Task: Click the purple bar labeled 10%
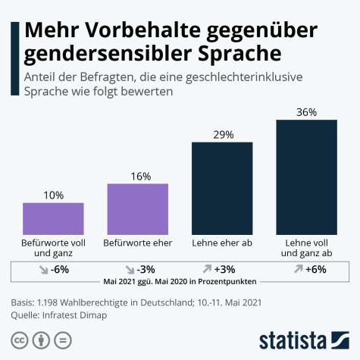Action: [x=53, y=218]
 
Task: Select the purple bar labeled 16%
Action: [x=137, y=209]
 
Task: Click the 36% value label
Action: [x=306, y=112]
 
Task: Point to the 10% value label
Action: [x=53, y=196]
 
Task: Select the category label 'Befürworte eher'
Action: [x=137, y=243]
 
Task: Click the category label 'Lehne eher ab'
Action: [x=222, y=243]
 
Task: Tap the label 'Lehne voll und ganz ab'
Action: [x=306, y=248]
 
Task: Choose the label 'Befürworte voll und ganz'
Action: [x=53, y=248]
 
